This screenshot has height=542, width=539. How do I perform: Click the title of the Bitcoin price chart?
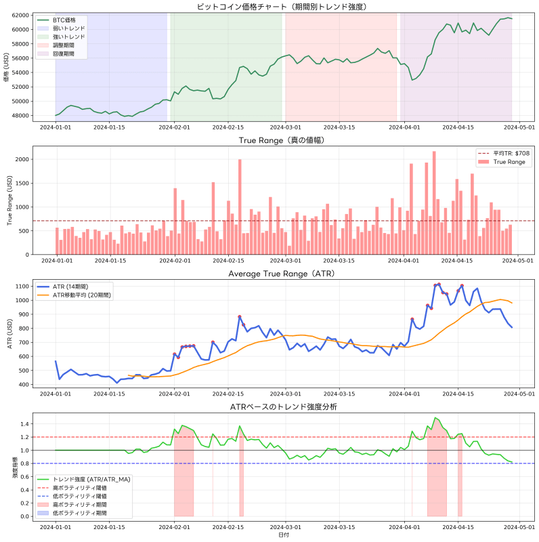[281, 6]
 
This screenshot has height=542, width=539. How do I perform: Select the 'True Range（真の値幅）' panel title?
[281, 140]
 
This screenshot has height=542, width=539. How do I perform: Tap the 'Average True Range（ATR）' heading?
[281, 274]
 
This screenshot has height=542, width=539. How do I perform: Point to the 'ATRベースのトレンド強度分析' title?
[281, 407]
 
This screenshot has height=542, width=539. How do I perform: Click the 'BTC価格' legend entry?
[64, 21]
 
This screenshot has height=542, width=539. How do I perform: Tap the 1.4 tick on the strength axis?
[24, 424]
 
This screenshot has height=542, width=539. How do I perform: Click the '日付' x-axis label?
[281, 535]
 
